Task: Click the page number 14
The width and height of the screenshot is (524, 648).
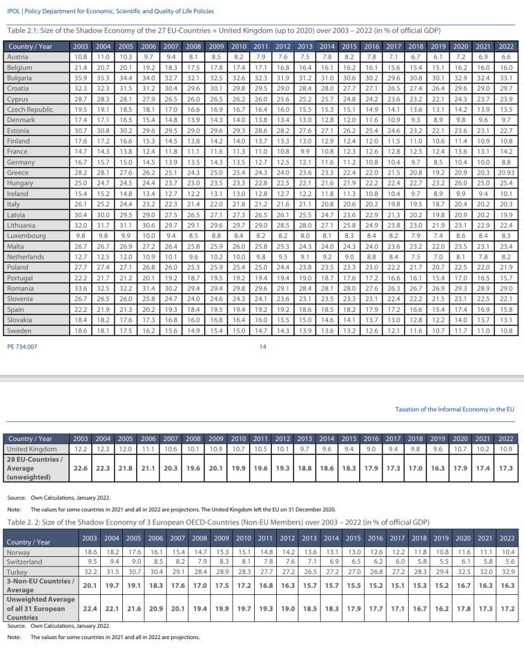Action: pos(263,346)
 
